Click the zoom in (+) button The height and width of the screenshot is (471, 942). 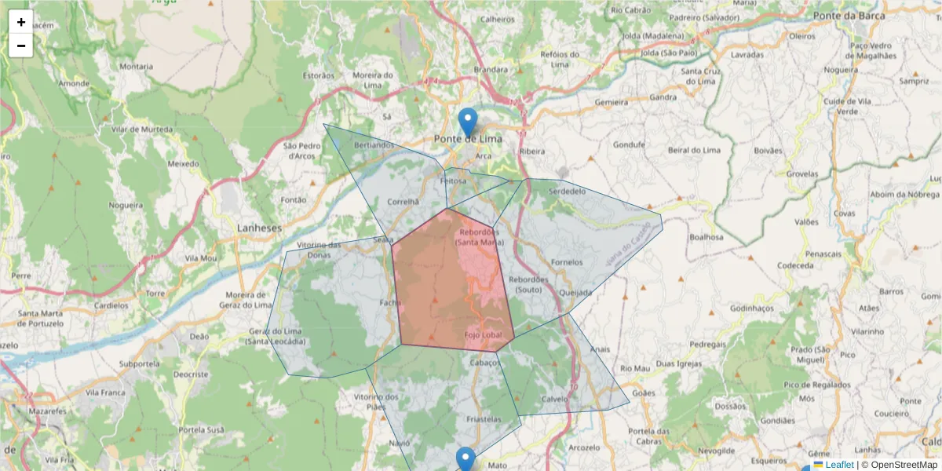tap(21, 22)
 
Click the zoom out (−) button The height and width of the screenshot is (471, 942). tap(21, 46)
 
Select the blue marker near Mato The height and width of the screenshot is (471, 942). tap(466, 460)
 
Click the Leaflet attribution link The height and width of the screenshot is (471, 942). tap(839, 465)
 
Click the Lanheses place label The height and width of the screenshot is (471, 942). tap(259, 228)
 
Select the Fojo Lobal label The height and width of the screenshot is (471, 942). tap(483, 335)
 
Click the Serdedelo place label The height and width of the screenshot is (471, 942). tap(568, 191)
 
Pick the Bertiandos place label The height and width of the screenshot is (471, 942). tap(374, 145)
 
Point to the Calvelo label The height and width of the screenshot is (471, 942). tap(554, 398)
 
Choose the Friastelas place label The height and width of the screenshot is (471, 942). tap(484, 420)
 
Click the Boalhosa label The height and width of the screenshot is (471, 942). tap(705, 236)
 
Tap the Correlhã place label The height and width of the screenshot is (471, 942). tap(404, 201)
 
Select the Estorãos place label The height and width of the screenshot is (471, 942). tap(319, 75)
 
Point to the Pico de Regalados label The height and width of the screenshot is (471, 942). tap(816, 385)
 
